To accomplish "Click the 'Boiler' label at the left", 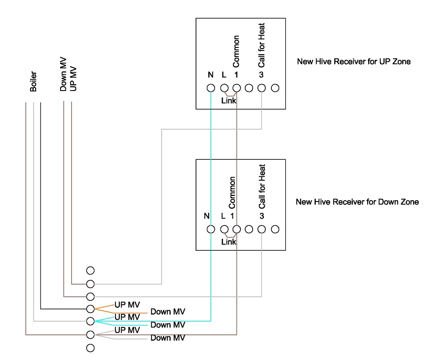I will pyautogui.click(x=34, y=82).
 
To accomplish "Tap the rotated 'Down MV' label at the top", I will pyautogui.click(x=64, y=79).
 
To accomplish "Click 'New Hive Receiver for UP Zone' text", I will pyautogui.click(x=353, y=61).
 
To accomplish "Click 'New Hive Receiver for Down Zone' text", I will pyautogui.click(x=357, y=202).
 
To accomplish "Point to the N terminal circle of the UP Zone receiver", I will pyautogui.click(x=211, y=88).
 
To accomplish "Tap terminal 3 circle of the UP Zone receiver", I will pyautogui.click(x=261, y=88).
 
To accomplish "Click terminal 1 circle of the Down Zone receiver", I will pyautogui.click(x=237, y=229).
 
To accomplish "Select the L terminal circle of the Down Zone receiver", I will pyautogui.click(x=224, y=229).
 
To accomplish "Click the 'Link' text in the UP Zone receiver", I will pyautogui.click(x=228, y=101).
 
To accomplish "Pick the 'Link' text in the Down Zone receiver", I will pyautogui.click(x=228, y=242).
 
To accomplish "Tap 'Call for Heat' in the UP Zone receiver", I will pyautogui.click(x=261, y=51).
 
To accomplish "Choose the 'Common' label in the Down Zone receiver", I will pyautogui.click(x=232, y=192).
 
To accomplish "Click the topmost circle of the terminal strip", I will pyautogui.click(x=91, y=270).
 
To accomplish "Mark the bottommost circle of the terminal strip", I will pyautogui.click(x=91, y=348).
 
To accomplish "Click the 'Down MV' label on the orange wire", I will pyautogui.click(x=168, y=312).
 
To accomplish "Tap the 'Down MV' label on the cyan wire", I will pyautogui.click(x=168, y=325).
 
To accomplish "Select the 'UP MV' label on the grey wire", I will pyautogui.click(x=127, y=330).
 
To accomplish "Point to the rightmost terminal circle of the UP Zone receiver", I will pyautogui.click(x=275, y=88).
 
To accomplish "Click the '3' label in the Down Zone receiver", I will pyautogui.click(x=262, y=216).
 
